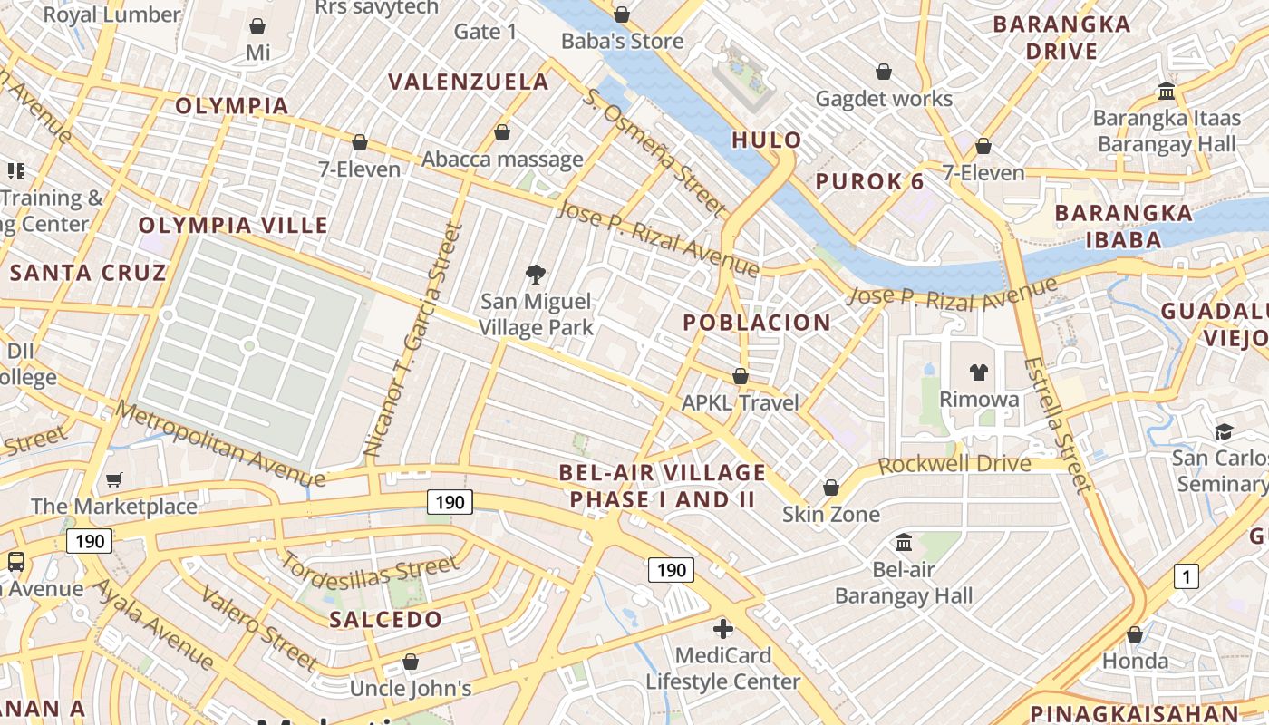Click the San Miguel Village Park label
click(x=536, y=314)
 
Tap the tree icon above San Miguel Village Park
click(x=536, y=274)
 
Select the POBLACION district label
click(x=757, y=323)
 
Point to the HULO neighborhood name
click(x=767, y=140)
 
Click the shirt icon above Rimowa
click(x=979, y=372)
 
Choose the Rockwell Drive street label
click(x=954, y=464)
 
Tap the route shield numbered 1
click(x=1186, y=575)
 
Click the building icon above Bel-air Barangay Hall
click(x=904, y=542)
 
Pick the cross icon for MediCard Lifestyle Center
click(x=723, y=628)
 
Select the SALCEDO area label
click(x=386, y=620)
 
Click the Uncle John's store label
click(x=411, y=689)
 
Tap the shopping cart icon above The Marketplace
click(x=114, y=479)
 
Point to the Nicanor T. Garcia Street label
click(x=413, y=339)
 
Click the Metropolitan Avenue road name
click(x=220, y=444)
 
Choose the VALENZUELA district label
click(x=469, y=82)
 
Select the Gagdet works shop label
click(x=884, y=99)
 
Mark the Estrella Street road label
click(x=1057, y=424)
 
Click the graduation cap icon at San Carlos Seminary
click(x=1224, y=430)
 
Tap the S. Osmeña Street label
click(x=655, y=152)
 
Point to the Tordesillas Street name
click(x=369, y=571)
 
